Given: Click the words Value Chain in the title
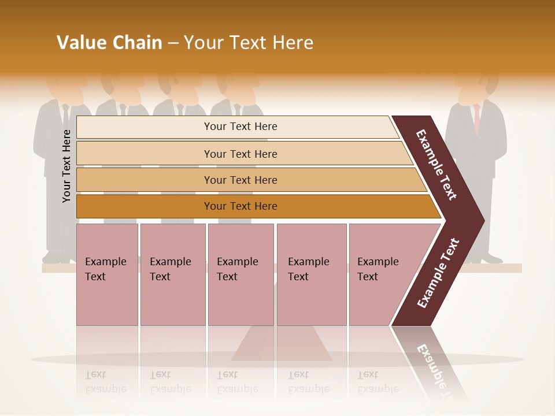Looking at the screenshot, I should coord(109,43).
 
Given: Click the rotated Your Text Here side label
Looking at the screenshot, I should coord(66,166).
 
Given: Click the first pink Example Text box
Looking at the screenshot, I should coord(107,274).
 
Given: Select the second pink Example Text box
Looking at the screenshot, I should coord(172,274).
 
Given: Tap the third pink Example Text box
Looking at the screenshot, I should coord(240,274).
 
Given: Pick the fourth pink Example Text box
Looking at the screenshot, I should coord(312,274).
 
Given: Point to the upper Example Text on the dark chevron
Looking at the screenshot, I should coord(436,165).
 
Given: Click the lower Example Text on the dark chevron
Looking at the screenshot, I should coord(438,273).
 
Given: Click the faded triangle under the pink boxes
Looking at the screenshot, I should coord(282,347).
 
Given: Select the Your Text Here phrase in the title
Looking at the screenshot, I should coord(248,43).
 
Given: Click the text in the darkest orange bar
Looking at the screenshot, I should coord(240,206).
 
